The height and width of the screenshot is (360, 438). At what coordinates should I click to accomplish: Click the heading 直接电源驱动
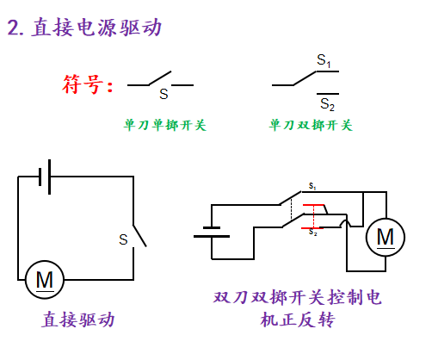coord(96,28)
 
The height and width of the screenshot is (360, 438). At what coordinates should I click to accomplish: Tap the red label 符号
coord(83,84)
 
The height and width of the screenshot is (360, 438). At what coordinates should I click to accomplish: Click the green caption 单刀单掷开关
coord(165,125)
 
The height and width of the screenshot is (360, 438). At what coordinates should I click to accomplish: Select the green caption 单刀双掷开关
coord(311,125)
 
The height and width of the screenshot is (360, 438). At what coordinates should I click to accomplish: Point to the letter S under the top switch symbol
coord(163,94)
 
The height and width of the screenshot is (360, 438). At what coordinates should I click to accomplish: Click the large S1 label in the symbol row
coord(324,60)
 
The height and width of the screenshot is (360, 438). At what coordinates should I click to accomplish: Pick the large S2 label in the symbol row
coord(327,104)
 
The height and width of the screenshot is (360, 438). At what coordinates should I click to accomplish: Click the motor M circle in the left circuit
coord(45,280)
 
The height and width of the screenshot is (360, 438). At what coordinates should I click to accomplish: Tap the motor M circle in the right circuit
coord(386,237)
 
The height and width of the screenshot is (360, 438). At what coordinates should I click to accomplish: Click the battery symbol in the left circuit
coord(45,177)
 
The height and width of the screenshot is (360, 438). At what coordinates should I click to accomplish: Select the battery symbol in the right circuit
coord(212,232)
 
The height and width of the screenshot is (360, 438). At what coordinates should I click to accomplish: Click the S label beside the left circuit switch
coord(123,239)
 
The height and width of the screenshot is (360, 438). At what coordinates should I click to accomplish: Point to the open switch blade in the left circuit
coord(139,236)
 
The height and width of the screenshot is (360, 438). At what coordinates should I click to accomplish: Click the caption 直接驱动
coord(78,320)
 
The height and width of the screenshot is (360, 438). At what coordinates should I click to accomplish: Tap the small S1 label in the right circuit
coord(312,186)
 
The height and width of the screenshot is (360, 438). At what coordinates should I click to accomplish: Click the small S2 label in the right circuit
coord(313,232)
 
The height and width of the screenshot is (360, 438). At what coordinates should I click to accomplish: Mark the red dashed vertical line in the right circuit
coord(313,216)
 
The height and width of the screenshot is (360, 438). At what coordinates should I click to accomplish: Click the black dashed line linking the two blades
coord(292,209)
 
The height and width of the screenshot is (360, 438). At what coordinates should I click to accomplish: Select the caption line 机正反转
coord(298,320)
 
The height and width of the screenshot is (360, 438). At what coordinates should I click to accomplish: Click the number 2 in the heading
coord(14,28)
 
